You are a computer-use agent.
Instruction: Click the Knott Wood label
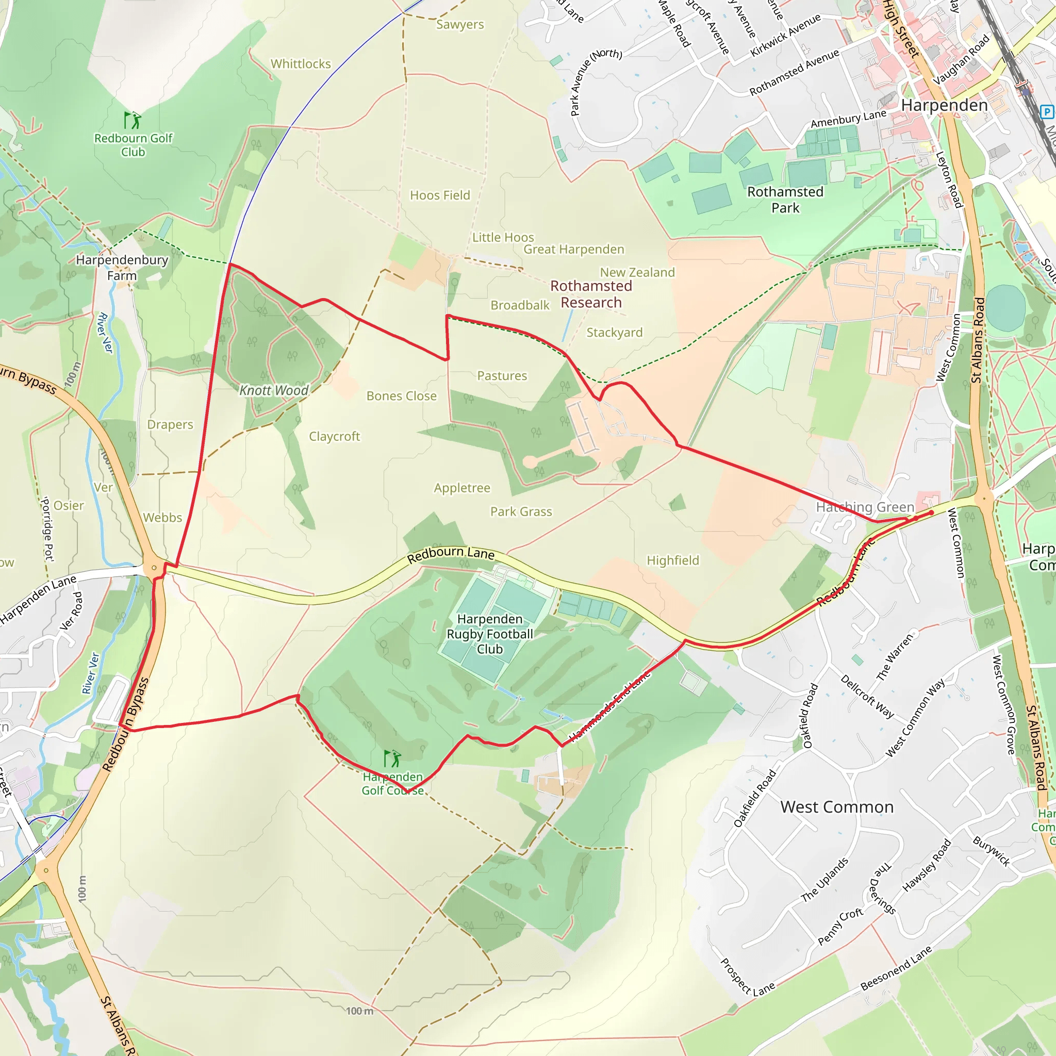pyautogui.click(x=274, y=390)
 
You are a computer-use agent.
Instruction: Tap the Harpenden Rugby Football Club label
pyautogui.click(x=490, y=634)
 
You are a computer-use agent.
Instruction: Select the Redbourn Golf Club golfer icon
pyautogui.click(x=133, y=120)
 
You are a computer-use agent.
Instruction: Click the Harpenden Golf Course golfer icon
pyautogui.click(x=392, y=758)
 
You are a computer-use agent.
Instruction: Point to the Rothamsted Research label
pyautogui.click(x=591, y=294)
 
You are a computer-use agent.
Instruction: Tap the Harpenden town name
pyautogui.click(x=944, y=106)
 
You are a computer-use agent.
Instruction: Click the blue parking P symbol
pyautogui.click(x=1046, y=112)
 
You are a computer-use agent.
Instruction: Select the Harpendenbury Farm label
pyautogui.click(x=122, y=267)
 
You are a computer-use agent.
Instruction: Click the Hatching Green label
pyautogui.click(x=865, y=507)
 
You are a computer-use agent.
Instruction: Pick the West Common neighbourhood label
pyautogui.click(x=837, y=807)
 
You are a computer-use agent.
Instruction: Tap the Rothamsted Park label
pyautogui.click(x=785, y=200)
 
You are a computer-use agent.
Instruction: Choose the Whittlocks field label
pyautogui.click(x=301, y=64)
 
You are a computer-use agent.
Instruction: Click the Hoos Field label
pyautogui.click(x=440, y=195)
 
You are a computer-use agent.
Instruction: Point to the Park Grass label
pyautogui.click(x=521, y=511)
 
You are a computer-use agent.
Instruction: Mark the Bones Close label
pyautogui.click(x=401, y=395)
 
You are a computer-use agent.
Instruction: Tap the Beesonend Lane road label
pyautogui.click(x=896, y=968)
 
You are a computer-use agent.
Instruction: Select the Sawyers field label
pyautogui.click(x=459, y=25)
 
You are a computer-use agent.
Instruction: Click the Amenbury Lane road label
pyautogui.click(x=848, y=119)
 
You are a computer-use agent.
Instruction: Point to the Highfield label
pyautogui.click(x=672, y=560)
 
